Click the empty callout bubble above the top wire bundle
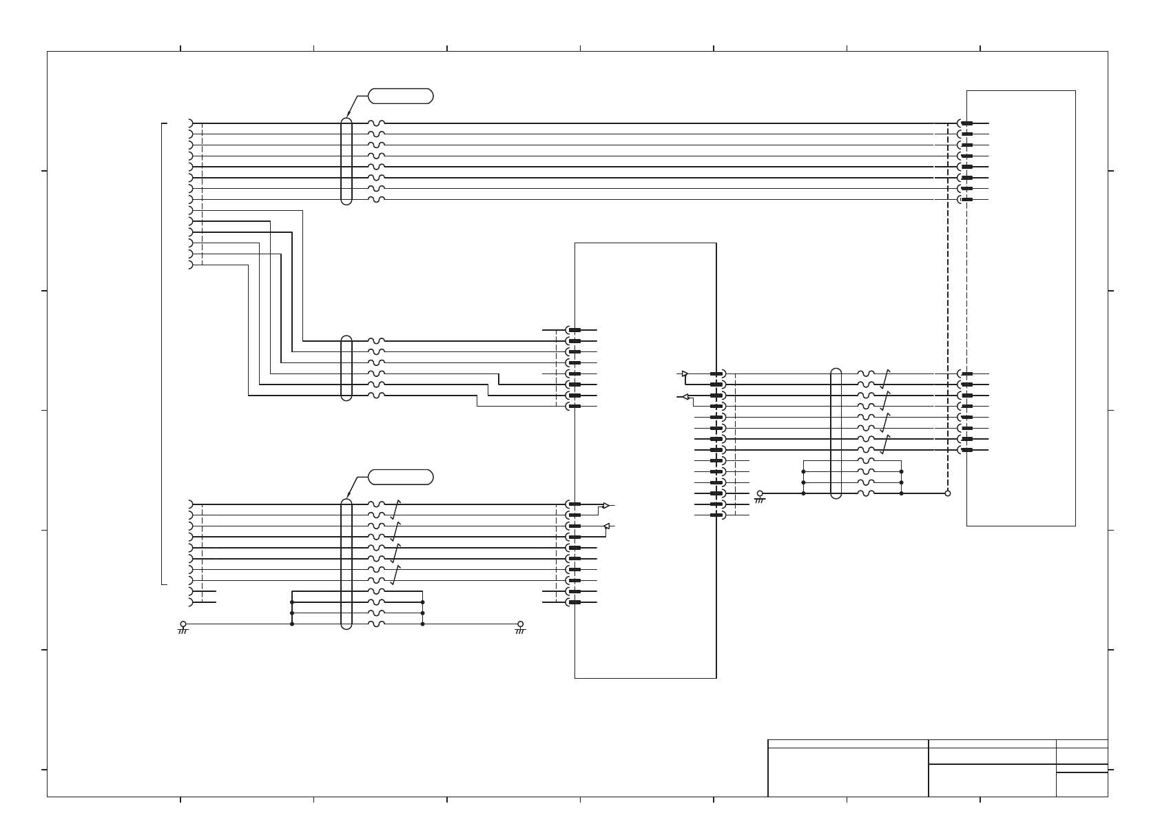[x=401, y=96]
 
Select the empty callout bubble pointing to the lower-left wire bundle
[x=401, y=477]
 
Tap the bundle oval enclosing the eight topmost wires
[x=346, y=161]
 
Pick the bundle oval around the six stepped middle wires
[x=346, y=368]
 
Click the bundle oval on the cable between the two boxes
[x=836, y=433]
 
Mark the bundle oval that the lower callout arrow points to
[x=346, y=564]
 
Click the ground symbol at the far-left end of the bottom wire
[x=183, y=627]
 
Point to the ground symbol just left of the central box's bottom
[x=520, y=627]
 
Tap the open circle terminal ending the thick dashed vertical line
[x=947, y=493]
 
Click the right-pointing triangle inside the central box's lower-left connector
[x=605, y=506]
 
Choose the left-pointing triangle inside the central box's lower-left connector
[x=606, y=527]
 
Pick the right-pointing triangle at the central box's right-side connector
[x=684, y=374]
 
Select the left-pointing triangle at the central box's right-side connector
[x=684, y=396]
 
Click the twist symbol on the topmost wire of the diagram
[x=376, y=123]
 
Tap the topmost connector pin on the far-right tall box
[x=966, y=123]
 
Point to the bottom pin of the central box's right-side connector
[x=717, y=515]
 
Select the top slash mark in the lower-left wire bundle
[x=395, y=510]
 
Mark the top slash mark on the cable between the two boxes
[x=885, y=379]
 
